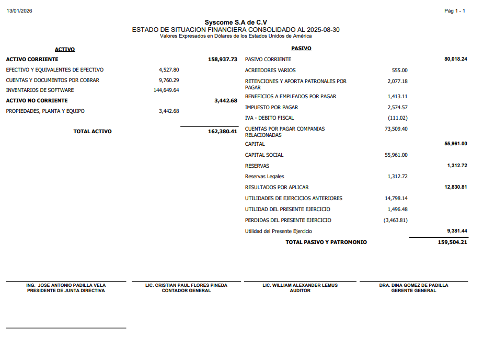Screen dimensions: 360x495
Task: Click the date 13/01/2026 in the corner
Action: (19, 11)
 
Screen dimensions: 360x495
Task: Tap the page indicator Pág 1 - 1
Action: (454, 11)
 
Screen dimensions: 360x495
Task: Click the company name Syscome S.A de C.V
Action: (236, 22)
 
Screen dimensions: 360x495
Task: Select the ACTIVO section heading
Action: (65, 49)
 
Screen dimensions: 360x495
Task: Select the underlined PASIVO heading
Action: (301, 49)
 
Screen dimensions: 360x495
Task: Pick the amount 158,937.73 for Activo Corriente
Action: (223, 60)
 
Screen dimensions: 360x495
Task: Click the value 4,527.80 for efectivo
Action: (169, 69)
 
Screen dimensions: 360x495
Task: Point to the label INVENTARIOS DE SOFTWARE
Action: (40, 90)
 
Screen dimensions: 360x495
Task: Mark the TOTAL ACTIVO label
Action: (93, 132)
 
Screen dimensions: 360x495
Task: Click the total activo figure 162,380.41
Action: (223, 132)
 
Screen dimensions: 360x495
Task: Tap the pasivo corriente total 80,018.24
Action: (455, 59)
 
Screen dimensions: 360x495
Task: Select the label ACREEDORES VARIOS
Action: (270, 71)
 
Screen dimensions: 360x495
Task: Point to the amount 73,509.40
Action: (396, 129)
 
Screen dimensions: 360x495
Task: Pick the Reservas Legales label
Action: (264, 177)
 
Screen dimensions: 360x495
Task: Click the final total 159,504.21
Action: (452, 242)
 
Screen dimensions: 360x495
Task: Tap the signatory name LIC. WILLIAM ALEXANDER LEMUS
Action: (300, 285)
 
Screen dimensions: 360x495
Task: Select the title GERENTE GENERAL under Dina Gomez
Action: (413, 291)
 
